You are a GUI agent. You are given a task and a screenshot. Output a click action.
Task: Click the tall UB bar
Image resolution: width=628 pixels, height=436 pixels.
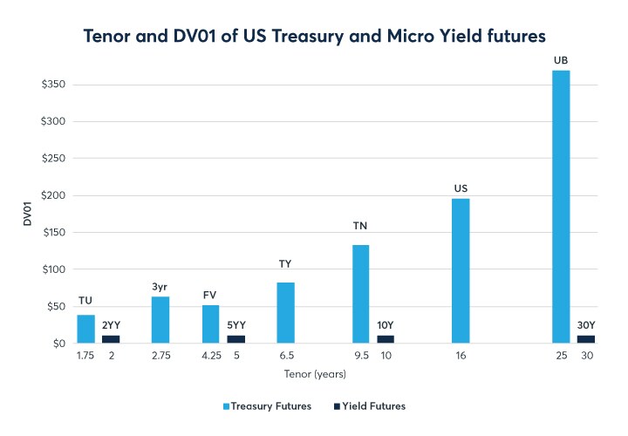coord(561,207)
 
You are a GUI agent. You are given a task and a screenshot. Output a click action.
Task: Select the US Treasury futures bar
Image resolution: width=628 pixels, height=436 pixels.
coord(461,271)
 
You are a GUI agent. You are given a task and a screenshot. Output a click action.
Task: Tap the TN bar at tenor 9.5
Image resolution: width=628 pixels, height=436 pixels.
coord(360,294)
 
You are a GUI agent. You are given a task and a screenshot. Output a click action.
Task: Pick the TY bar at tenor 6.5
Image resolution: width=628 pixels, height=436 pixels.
coord(285,313)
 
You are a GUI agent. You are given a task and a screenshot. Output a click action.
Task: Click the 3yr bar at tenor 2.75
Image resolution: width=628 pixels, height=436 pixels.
coord(160,320)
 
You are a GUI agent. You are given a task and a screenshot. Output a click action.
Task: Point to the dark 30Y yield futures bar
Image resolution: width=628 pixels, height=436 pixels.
coord(586,339)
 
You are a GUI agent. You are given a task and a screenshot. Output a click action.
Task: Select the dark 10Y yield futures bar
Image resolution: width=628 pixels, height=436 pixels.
coord(386,339)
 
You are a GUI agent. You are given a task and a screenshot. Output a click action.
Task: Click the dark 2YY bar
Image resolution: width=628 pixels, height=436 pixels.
coord(110,339)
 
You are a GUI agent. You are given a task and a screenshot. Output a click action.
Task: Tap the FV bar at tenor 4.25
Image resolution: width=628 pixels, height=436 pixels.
coord(210,324)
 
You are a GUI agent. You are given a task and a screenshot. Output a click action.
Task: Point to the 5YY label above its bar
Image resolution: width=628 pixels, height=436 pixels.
coord(236,324)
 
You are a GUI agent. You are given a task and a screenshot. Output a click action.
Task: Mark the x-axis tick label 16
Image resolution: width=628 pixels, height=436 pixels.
coord(461,356)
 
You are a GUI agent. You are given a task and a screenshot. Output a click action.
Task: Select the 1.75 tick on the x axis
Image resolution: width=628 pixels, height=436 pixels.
coord(85,356)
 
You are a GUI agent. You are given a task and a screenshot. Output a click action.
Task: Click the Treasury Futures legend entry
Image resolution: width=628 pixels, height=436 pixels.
coord(267,406)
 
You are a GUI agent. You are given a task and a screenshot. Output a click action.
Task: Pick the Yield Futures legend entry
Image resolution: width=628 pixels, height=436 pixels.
coord(370,406)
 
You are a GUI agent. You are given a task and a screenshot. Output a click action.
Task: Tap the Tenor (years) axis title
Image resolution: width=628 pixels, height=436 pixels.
coord(314,375)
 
